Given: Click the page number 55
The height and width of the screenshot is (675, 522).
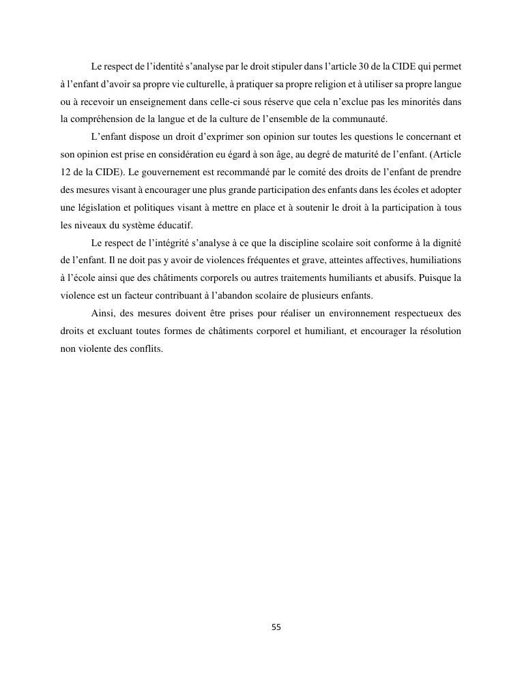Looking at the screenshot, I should pyautogui.click(x=276, y=627).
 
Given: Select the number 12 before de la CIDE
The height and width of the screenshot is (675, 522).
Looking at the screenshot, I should pyautogui.click(x=66, y=172).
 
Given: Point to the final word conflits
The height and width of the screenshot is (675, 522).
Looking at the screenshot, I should pyautogui.click(x=147, y=350).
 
